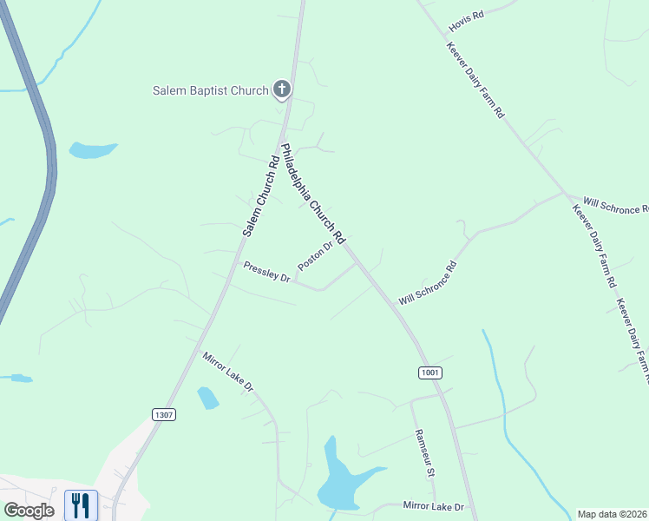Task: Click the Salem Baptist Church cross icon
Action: (281, 89)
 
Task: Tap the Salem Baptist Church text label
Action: (211, 89)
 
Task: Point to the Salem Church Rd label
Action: (260, 195)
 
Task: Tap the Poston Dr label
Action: (315, 255)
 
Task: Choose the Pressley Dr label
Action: (266, 272)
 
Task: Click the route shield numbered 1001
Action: (430, 373)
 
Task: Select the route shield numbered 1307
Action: (164, 414)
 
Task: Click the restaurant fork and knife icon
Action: (81, 505)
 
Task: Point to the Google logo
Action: (29, 511)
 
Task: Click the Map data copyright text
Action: (612, 513)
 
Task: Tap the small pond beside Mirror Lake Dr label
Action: (208, 399)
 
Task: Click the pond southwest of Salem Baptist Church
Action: (92, 150)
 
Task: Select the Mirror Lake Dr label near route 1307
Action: (227, 371)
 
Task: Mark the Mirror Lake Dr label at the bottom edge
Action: (434, 506)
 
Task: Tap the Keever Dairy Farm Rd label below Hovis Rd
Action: (475, 80)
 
